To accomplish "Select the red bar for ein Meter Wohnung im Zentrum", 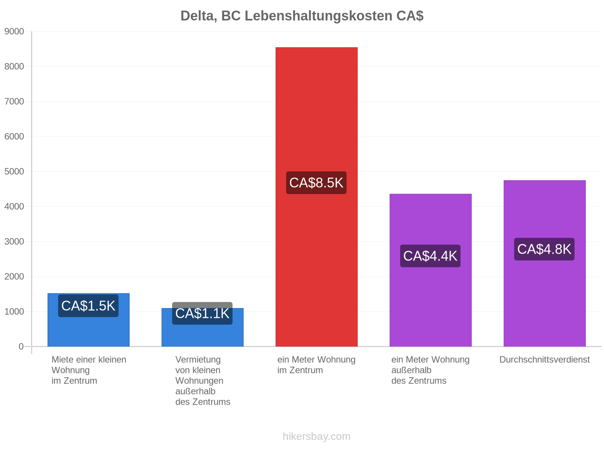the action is tap(316, 197).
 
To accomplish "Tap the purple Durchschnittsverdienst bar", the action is tap(544, 263).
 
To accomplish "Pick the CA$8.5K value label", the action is tap(316, 183).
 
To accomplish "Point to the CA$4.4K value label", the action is tap(430, 256).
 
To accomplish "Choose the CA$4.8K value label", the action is tap(544, 249).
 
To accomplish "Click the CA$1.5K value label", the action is tap(88, 306).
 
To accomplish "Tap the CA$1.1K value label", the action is tap(202, 313).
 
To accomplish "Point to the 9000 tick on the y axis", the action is tap(14, 31).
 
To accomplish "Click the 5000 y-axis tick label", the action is tap(14, 171).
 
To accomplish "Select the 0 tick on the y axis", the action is tap(21, 347).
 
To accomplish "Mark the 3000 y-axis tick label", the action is tap(14, 242).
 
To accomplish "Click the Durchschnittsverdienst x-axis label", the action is tap(544, 359).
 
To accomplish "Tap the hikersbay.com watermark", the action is tap(316, 436).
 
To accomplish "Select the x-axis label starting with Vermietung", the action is tap(202, 381).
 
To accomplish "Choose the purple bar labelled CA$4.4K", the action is tap(430, 270).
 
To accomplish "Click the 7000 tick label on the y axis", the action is tap(14, 102).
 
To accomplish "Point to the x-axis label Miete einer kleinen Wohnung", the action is tap(89, 370).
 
